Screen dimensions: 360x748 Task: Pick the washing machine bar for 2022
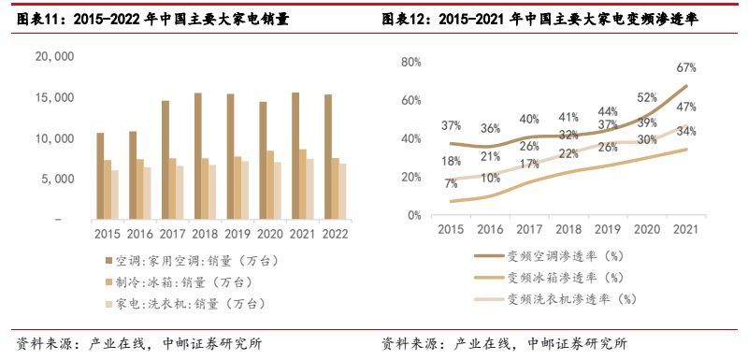[x=342, y=192]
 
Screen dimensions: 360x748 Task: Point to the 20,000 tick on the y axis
[x=53, y=56]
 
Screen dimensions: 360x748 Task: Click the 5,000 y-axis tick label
[x=58, y=179]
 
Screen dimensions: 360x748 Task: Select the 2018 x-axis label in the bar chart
[x=206, y=235]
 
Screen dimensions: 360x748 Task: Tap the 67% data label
[x=686, y=68]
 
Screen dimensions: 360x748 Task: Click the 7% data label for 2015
[x=452, y=183]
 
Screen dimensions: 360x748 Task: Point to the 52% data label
[x=646, y=97]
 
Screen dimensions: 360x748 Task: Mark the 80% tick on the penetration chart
[x=412, y=62]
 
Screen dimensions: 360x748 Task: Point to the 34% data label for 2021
[x=687, y=131]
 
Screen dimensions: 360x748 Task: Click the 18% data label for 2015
[x=452, y=161]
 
